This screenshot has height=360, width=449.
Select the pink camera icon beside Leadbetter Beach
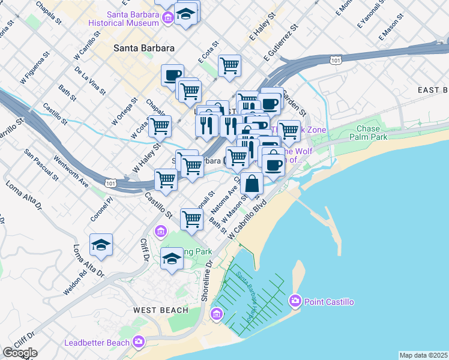click(x=139, y=342)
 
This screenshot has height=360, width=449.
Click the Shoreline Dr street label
click(x=209, y=277)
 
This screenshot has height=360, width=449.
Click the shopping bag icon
click(x=253, y=183)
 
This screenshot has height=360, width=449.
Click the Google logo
click(x=20, y=353)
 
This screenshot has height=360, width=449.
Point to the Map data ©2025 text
click(x=424, y=355)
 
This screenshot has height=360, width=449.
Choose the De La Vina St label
click(x=90, y=80)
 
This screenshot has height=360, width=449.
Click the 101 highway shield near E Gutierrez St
click(x=336, y=61)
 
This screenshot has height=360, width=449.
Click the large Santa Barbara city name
click(x=145, y=47)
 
